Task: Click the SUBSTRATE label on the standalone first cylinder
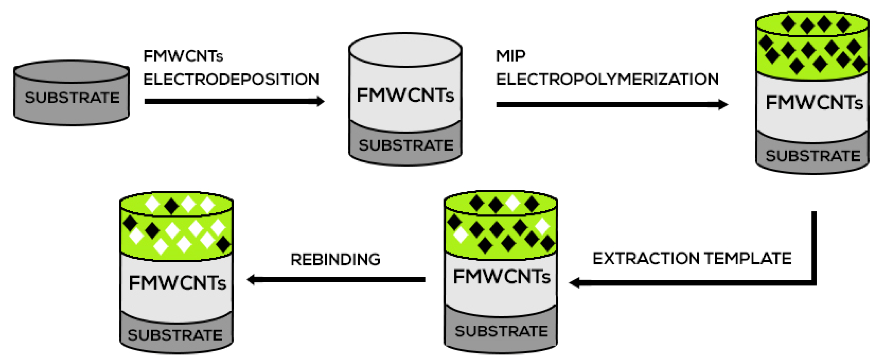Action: coord(72,98)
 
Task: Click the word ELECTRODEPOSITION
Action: coord(231,80)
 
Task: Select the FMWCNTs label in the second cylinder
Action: coord(405,95)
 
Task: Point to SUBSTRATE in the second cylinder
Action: coord(406,146)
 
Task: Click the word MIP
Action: coord(510,56)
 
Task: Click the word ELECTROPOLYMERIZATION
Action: coord(607,80)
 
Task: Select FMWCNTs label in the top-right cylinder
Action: coord(814,102)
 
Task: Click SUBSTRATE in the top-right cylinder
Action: coord(813,156)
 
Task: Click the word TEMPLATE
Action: coord(748,259)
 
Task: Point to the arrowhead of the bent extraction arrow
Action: coord(575,283)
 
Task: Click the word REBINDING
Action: coord(335,260)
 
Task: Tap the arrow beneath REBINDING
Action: coord(336,280)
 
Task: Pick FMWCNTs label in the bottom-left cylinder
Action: coord(177,283)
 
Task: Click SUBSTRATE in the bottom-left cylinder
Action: coord(175,335)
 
